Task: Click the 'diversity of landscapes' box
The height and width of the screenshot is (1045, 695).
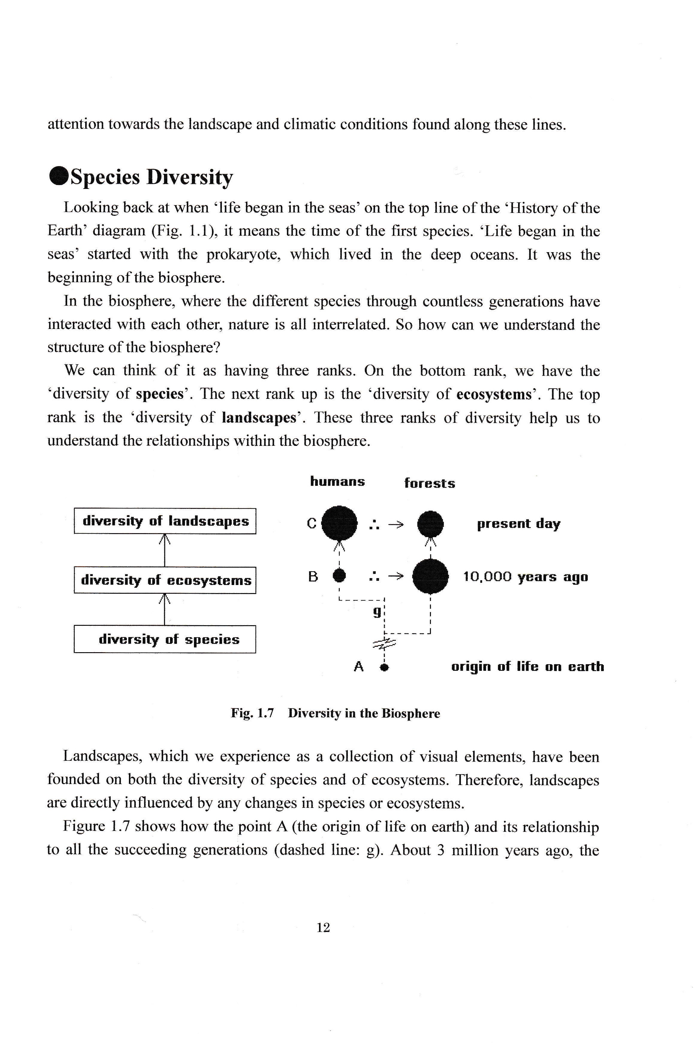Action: pyautogui.click(x=165, y=521)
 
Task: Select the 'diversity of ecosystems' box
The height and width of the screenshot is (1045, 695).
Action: pyautogui.click(x=165, y=580)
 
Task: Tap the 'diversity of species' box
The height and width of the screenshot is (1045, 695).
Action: pyautogui.click(x=165, y=639)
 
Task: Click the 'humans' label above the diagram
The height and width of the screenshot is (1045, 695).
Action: pyautogui.click(x=337, y=482)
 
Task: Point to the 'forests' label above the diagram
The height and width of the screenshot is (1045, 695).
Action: pyautogui.click(x=429, y=483)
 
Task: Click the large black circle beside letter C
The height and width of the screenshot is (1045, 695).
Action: pyautogui.click(x=339, y=523)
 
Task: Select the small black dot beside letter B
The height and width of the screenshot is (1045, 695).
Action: pyautogui.click(x=339, y=576)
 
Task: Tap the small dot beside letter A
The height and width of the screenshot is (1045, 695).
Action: pyautogui.click(x=385, y=667)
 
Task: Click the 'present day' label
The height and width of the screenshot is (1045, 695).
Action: pyautogui.click(x=519, y=524)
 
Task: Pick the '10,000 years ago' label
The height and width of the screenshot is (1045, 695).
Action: pyautogui.click(x=525, y=577)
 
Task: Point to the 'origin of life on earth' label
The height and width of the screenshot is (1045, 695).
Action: pyautogui.click(x=527, y=667)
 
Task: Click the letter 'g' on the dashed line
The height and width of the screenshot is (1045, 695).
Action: pyautogui.click(x=377, y=612)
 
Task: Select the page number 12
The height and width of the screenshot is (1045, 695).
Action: pyautogui.click(x=323, y=927)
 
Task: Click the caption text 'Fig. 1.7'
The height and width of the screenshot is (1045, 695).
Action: pyautogui.click(x=252, y=713)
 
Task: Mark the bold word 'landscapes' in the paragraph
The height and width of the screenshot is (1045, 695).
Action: pyautogui.click(x=259, y=418)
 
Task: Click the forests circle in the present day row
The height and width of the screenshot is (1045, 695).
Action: pyautogui.click(x=430, y=524)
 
